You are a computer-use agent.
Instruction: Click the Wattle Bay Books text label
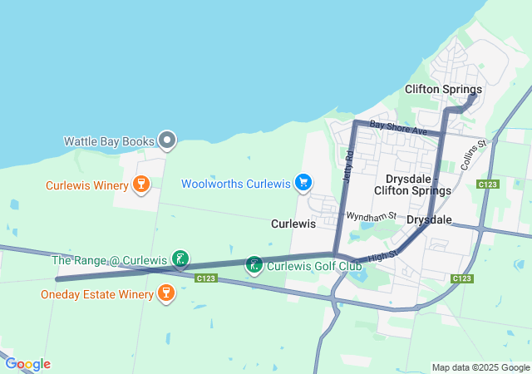tap(109, 141)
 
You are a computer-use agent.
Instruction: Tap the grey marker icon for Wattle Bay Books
tap(167, 140)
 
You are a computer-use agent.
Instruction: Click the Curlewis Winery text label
tap(86, 185)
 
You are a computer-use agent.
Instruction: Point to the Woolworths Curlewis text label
tap(235, 183)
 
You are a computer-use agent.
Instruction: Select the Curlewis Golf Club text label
tap(313, 266)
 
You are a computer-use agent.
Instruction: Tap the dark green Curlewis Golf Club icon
tap(254, 266)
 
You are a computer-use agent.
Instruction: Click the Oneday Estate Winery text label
tap(96, 294)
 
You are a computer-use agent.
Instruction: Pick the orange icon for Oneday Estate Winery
tap(166, 293)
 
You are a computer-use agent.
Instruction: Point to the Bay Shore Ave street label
tap(398, 129)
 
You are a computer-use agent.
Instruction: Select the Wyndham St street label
tap(371, 216)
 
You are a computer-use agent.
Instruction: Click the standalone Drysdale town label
tap(429, 220)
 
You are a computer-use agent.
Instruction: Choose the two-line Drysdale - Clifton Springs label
tap(418, 185)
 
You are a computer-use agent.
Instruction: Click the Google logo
tap(27, 364)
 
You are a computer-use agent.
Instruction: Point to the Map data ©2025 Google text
tap(480, 367)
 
